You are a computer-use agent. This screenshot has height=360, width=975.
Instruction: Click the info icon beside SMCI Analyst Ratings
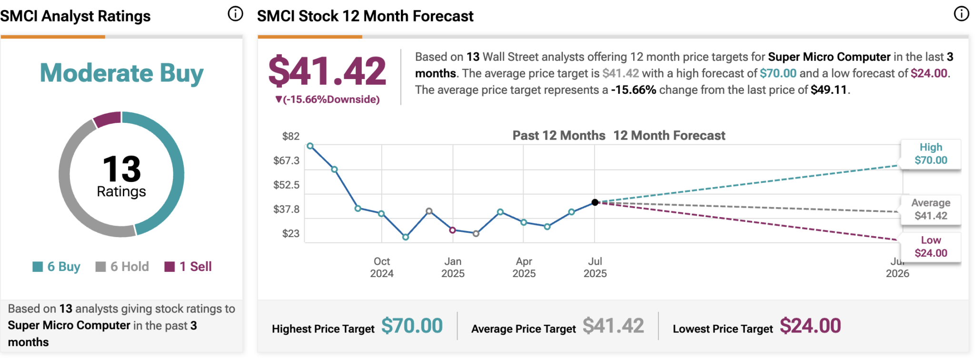(x=235, y=14)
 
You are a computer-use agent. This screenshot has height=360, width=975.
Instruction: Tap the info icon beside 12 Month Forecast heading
(x=961, y=14)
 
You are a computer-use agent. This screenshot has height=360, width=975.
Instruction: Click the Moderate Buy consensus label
(x=121, y=73)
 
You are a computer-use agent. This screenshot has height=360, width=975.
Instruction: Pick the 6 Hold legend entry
(x=122, y=267)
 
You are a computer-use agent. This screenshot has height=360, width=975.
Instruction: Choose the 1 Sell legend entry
(x=188, y=267)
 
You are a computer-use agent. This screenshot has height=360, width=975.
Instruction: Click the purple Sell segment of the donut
(x=107, y=119)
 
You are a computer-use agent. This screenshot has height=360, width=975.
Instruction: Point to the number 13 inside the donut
(x=121, y=169)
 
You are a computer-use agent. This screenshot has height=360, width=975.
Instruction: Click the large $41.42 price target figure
(x=327, y=71)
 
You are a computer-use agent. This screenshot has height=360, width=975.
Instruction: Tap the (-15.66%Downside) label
(x=328, y=100)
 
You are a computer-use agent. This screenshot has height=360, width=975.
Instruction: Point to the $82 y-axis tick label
(x=290, y=136)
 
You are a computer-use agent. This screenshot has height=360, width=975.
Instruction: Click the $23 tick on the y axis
(x=290, y=233)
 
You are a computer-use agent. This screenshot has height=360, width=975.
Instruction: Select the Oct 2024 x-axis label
(x=382, y=267)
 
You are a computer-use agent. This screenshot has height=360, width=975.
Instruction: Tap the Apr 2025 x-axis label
(x=524, y=267)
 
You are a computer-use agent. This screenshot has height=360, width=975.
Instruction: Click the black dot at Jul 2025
(x=595, y=202)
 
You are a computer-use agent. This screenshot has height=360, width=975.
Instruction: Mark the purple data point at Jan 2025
(x=453, y=230)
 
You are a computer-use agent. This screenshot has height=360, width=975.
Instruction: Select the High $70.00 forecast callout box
(x=931, y=154)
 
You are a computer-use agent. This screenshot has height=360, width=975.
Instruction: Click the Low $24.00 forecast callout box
(x=931, y=247)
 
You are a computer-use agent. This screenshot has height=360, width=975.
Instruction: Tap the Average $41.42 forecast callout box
(x=931, y=209)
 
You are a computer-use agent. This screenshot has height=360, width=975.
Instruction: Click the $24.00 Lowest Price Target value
(x=810, y=326)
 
